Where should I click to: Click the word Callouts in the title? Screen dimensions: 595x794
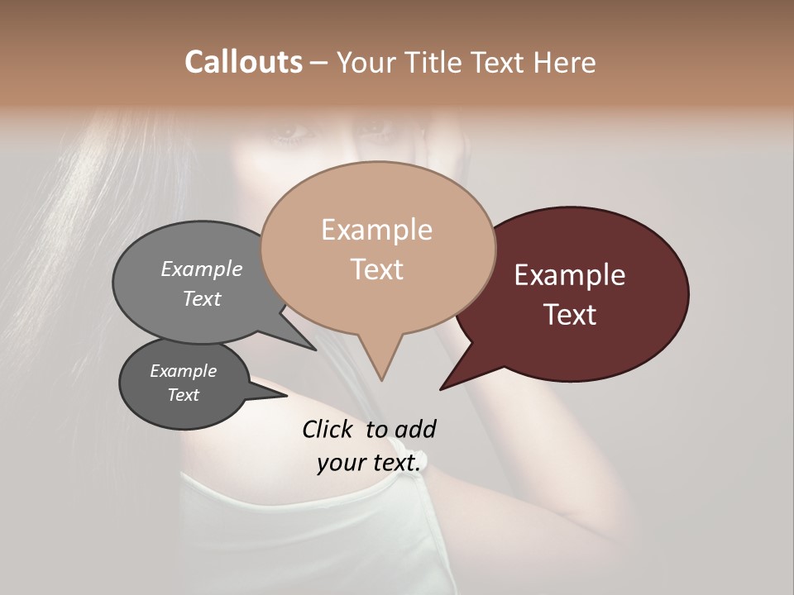point(243,62)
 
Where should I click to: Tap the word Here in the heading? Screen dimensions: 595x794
point(565,62)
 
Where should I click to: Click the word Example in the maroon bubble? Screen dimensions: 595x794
point(570,275)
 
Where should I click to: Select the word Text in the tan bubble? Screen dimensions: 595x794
point(377,269)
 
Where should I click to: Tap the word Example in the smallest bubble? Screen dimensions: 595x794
point(183,371)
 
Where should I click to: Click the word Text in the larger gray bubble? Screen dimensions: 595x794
point(202,298)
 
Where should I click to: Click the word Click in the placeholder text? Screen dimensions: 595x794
point(329,429)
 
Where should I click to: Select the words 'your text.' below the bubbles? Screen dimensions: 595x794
point(369,463)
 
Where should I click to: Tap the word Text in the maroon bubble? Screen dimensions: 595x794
point(571,315)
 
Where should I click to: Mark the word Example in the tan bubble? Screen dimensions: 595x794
point(376,230)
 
